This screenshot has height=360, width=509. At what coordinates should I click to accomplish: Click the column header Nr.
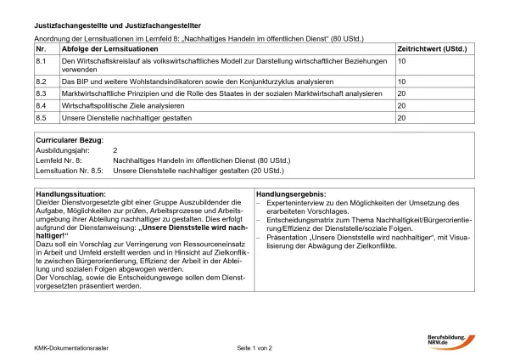pos(41,49)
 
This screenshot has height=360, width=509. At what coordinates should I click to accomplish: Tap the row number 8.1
pos(40,61)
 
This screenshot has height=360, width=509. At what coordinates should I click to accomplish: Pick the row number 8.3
pos(40,93)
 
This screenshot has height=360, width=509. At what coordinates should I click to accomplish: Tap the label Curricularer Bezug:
pos(70,138)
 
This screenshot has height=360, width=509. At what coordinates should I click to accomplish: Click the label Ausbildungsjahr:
pos(63,149)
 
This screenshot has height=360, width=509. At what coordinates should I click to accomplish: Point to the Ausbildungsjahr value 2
pos(115,149)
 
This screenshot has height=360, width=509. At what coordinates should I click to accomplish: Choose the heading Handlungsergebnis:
pos(290,194)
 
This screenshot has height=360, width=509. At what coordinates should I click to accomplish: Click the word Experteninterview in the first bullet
pos(293,203)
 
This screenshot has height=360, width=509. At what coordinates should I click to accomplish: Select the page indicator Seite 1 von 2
pos(255,348)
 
